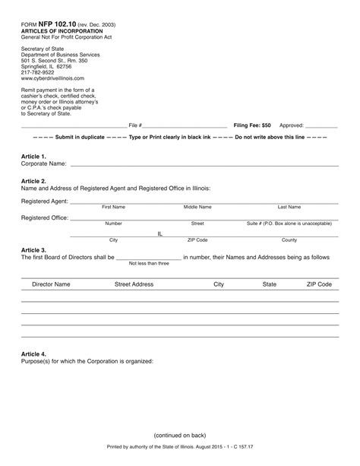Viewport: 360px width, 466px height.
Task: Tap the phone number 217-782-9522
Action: (38, 73)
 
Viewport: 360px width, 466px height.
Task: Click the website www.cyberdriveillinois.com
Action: (52, 79)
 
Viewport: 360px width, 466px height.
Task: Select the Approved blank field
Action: (321, 125)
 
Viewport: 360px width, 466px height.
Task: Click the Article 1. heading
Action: (33, 156)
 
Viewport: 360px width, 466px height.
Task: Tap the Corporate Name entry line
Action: (204, 164)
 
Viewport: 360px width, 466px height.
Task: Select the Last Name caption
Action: (289, 207)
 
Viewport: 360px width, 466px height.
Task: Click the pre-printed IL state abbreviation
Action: (160, 233)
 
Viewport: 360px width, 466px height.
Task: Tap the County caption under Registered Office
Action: (289, 240)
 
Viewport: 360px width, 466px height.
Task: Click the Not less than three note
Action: (149, 263)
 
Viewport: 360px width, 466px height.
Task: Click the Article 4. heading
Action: (33, 354)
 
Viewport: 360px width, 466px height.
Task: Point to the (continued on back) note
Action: (179, 435)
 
